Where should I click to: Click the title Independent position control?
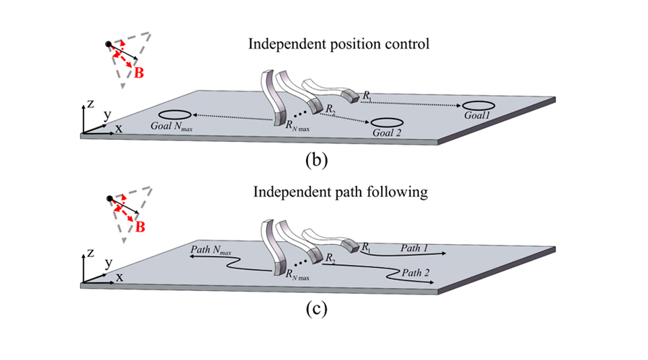(x=338, y=44)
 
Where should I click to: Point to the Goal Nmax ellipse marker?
(x=174, y=115)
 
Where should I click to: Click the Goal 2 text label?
(x=387, y=134)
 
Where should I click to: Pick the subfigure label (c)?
(x=317, y=310)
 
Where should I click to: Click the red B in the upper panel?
(x=140, y=72)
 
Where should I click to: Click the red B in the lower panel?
(x=140, y=227)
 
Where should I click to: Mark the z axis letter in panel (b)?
(x=91, y=104)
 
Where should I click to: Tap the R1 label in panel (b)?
(x=367, y=95)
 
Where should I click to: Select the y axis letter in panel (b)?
(x=107, y=114)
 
